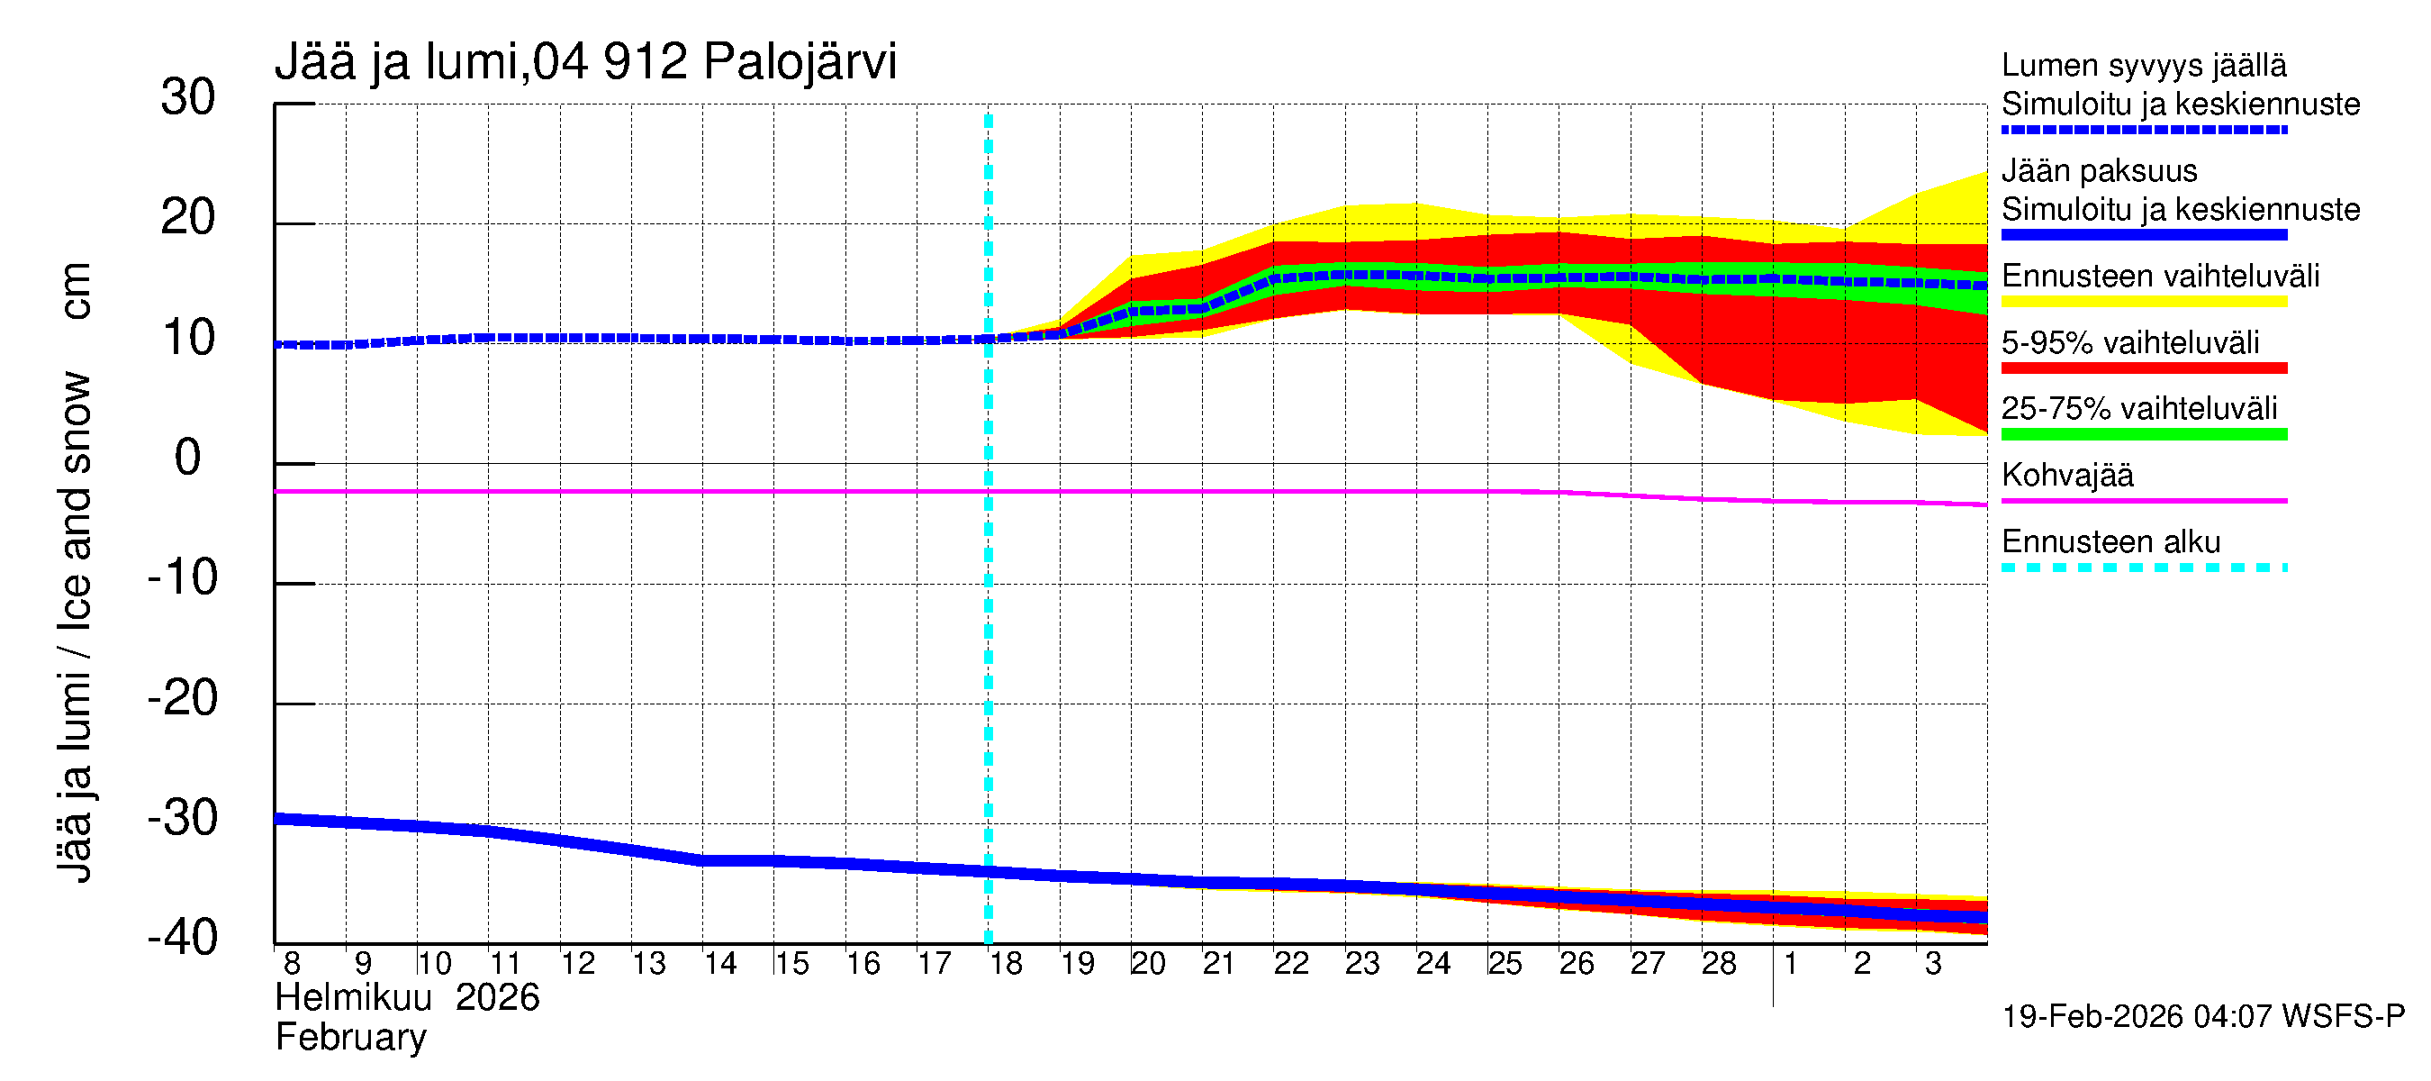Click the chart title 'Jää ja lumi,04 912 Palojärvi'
(x=585, y=62)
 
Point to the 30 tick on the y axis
(x=188, y=97)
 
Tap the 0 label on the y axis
(x=188, y=458)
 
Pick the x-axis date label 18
(x=1005, y=964)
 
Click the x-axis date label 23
(x=1361, y=964)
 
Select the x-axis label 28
(x=1719, y=964)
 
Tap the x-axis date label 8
(x=292, y=964)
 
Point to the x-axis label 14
(x=720, y=964)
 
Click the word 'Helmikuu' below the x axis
(x=354, y=998)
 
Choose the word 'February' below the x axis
(x=351, y=1038)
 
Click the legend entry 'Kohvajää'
(x=2066, y=475)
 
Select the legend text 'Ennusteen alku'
(x=2111, y=542)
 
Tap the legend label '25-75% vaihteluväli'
(x=2139, y=409)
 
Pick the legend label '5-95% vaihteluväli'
(x=2130, y=342)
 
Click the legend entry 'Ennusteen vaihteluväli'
(x=2160, y=276)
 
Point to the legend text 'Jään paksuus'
(x=2099, y=171)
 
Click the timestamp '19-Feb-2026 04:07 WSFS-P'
(x=2203, y=1016)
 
